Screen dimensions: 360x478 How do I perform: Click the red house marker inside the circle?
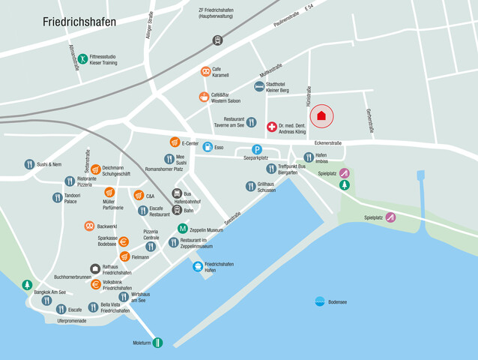(x=321, y=115)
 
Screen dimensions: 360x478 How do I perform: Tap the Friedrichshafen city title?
(x=79, y=22)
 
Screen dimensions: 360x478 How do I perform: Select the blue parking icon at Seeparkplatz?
(x=257, y=150)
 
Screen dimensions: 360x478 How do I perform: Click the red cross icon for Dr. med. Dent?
(x=271, y=127)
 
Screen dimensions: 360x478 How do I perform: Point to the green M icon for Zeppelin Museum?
(x=182, y=229)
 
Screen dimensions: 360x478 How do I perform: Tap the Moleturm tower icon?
(x=157, y=343)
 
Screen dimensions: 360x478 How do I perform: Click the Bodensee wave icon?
(x=320, y=301)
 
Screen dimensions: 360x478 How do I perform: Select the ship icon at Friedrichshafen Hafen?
(x=198, y=266)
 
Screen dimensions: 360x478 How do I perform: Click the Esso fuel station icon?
(x=208, y=147)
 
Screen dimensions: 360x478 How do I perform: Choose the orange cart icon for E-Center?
(x=174, y=142)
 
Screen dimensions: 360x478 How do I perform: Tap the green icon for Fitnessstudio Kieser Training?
(x=82, y=59)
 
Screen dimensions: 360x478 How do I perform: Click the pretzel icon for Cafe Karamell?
(x=205, y=72)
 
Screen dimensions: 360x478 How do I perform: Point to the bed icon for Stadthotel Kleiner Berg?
(x=259, y=87)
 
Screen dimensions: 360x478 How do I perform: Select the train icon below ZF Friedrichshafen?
(x=217, y=40)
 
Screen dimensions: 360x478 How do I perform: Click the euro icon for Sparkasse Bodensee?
(x=124, y=241)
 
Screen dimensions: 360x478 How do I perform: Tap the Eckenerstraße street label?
(x=327, y=142)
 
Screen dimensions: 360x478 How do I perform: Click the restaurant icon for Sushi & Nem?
(x=29, y=164)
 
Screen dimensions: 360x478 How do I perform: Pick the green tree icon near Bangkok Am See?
(x=28, y=285)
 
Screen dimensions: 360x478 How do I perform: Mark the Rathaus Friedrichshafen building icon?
(x=95, y=268)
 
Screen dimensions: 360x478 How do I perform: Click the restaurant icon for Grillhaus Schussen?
(x=251, y=186)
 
